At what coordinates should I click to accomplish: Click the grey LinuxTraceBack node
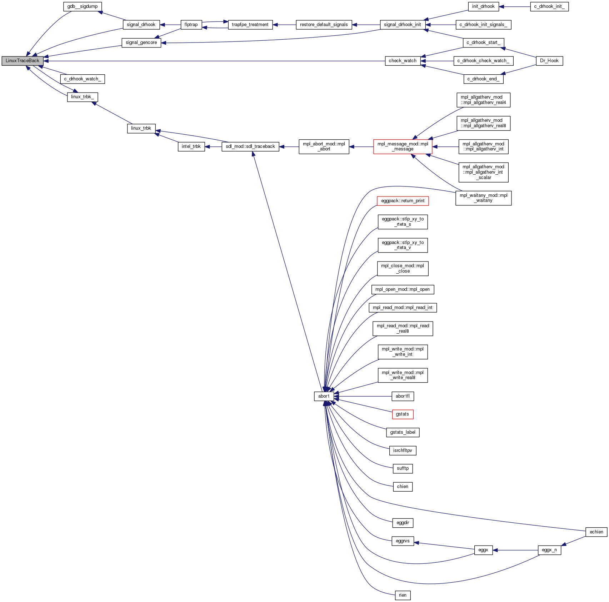click(22, 61)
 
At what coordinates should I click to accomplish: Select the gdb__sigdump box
click(82, 6)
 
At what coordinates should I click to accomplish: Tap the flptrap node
click(191, 25)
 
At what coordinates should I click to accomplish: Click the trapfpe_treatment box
click(250, 25)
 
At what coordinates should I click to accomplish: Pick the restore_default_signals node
click(324, 25)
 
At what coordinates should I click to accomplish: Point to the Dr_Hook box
click(549, 61)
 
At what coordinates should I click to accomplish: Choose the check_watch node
click(403, 61)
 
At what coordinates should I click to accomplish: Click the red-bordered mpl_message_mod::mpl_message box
click(403, 146)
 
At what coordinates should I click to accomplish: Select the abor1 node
click(324, 396)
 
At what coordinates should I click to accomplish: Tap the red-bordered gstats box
click(403, 414)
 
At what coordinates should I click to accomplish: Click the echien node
click(596, 532)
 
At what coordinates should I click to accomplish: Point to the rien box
click(403, 595)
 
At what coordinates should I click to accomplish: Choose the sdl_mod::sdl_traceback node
click(250, 146)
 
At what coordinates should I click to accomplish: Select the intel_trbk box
click(191, 146)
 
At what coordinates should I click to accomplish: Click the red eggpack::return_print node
click(403, 201)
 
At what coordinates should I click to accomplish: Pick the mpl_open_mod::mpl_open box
click(403, 289)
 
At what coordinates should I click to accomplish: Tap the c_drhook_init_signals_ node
click(483, 25)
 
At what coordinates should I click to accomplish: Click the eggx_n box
click(549, 550)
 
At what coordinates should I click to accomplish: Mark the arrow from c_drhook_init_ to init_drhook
click(514, 7)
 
